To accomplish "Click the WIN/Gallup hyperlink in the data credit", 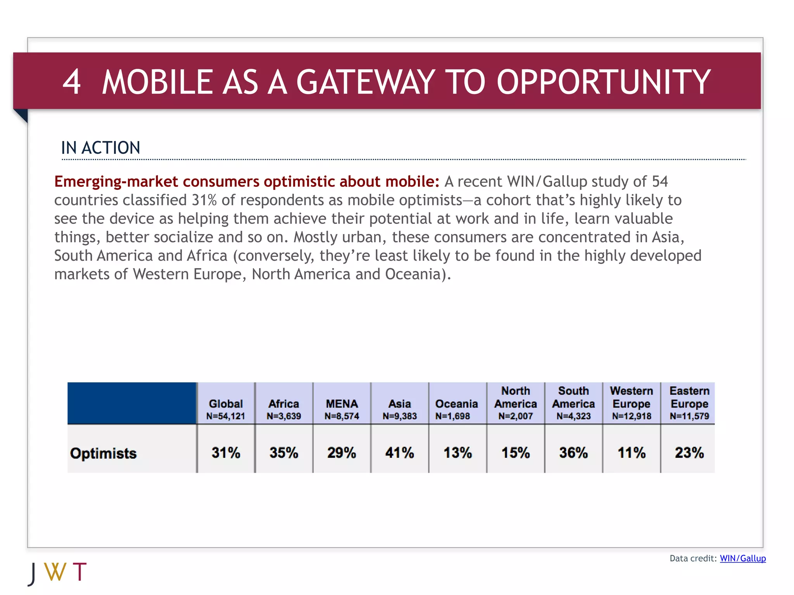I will pos(742,558).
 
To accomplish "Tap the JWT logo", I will pos(58,573).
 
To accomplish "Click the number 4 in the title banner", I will pos(72,82).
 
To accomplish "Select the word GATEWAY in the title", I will pos(366,82).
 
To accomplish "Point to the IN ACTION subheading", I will pos(100,148).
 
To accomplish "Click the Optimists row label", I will pos(104,453).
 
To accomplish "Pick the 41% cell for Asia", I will pos(399,452).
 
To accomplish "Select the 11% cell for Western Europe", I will pos(631,452).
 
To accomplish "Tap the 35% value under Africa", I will pos(284,452).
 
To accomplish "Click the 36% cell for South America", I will pos(573,452).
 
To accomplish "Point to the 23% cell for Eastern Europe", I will pos(689,452).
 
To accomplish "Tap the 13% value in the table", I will pos(457,452).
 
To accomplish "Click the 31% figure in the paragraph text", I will pos(204,200).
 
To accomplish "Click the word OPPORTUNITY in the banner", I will pos(603,82).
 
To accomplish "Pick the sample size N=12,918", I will pos(632,416).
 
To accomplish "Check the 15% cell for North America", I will pos(516,452).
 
